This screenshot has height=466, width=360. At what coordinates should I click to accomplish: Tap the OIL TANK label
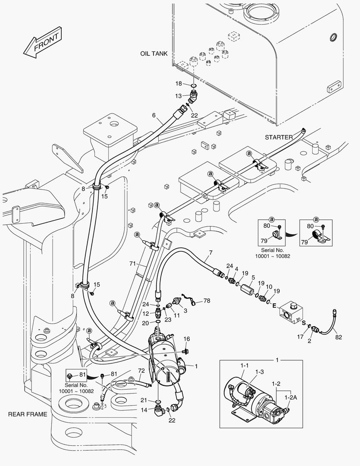pyautogui.click(x=153, y=54)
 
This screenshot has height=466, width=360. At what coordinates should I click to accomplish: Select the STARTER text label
pyautogui.click(x=279, y=137)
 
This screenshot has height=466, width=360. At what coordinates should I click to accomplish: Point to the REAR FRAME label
pyautogui.click(x=27, y=414)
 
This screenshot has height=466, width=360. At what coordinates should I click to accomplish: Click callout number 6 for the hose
pyautogui.click(x=153, y=115)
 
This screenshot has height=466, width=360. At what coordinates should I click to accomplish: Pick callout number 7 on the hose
pyautogui.click(x=210, y=252)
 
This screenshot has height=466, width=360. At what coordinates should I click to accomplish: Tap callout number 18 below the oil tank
pyautogui.click(x=178, y=83)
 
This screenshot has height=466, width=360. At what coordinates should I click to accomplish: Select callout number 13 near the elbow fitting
pyautogui.click(x=178, y=96)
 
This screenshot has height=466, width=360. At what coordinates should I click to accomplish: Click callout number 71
pyautogui.click(x=132, y=263)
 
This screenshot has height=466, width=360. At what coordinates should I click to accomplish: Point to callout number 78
pyautogui.click(x=207, y=301)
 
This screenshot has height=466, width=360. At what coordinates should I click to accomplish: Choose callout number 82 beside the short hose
pyautogui.click(x=338, y=337)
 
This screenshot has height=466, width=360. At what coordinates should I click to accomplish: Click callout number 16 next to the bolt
pyautogui.click(x=187, y=339)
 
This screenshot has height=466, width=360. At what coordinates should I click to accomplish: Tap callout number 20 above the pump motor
pyautogui.click(x=145, y=323)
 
